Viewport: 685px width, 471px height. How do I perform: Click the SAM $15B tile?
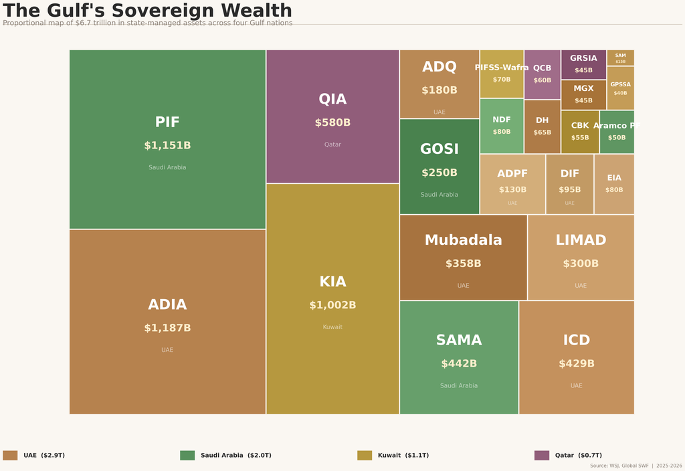click(620, 58)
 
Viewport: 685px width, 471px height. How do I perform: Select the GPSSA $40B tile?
click(620, 88)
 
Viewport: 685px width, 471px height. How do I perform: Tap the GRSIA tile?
click(583, 64)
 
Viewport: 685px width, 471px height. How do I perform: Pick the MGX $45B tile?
click(583, 94)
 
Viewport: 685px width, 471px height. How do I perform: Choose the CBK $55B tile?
click(580, 132)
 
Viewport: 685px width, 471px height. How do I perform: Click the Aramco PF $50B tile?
click(617, 132)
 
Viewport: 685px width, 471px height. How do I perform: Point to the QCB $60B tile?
click(542, 74)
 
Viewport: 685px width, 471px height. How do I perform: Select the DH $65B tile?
click(542, 126)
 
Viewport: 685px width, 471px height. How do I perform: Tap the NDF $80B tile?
click(502, 126)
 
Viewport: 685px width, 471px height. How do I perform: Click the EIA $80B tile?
click(614, 184)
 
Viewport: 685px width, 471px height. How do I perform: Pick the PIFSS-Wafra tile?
click(502, 74)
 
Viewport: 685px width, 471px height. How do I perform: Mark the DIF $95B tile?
click(570, 184)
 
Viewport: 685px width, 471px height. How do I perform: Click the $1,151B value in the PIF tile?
click(167, 146)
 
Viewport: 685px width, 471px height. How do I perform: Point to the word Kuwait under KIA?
click(332, 327)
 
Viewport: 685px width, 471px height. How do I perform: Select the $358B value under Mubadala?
click(463, 264)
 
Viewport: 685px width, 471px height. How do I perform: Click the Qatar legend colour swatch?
click(542, 456)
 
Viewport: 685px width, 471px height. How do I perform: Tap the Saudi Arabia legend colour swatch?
click(187, 456)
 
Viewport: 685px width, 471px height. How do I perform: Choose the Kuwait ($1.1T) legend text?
click(403, 456)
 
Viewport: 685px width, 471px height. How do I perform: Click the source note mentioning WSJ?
click(635, 466)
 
